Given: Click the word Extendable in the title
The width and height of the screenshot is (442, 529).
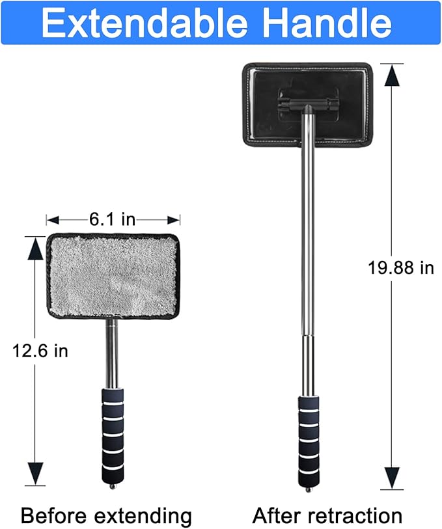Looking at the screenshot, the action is [x=145, y=23].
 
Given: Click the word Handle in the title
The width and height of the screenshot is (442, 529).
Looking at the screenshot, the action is [x=327, y=23].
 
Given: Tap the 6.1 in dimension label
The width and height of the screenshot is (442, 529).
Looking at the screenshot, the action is [x=113, y=220].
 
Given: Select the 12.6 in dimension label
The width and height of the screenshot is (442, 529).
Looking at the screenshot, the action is [x=40, y=351].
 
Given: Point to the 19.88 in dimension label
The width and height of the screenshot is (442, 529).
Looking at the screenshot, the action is [x=400, y=268].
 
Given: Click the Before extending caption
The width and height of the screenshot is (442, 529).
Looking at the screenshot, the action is [x=106, y=515].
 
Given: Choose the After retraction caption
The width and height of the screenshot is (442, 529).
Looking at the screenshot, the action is [x=327, y=515].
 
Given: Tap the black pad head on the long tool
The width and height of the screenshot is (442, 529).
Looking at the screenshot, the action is [x=307, y=105].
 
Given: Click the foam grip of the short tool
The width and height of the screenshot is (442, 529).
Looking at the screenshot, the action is [x=113, y=436].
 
